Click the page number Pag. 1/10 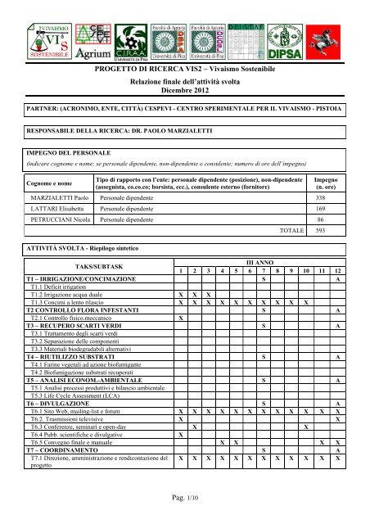[184, 510]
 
